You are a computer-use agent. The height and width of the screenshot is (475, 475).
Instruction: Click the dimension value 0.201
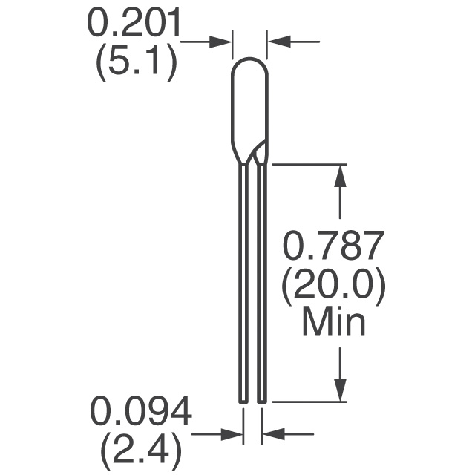pyautogui.click(x=134, y=23)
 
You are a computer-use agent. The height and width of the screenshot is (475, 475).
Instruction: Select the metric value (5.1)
pyautogui.click(x=137, y=62)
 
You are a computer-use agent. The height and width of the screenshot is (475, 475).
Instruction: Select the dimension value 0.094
pyautogui.click(x=141, y=412)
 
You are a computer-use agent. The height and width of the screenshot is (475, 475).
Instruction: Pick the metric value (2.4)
pyautogui.click(x=141, y=452)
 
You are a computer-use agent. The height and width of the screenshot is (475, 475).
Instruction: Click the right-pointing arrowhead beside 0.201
pyautogui.click(x=220, y=42)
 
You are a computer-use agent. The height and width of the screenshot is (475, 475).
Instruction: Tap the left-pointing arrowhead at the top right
pyautogui.click(x=279, y=42)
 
